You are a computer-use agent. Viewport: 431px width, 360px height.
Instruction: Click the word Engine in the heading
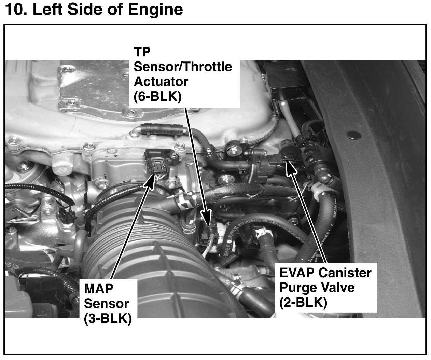click(x=155, y=10)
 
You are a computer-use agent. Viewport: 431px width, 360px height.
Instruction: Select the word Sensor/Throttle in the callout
click(x=183, y=67)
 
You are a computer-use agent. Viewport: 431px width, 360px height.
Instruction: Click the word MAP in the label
click(x=98, y=289)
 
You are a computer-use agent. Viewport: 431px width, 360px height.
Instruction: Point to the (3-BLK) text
click(x=108, y=319)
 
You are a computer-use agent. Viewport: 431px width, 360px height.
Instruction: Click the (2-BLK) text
click(x=303, y=303)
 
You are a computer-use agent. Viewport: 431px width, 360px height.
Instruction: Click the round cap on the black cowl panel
click(x=354, y=135)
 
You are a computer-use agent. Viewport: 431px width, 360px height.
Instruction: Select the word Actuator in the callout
click(x=161, y=82)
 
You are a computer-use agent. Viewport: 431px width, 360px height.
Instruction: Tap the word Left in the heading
click(x=47, y=10)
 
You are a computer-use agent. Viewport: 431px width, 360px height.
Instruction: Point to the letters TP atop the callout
click(x=142, y=52)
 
